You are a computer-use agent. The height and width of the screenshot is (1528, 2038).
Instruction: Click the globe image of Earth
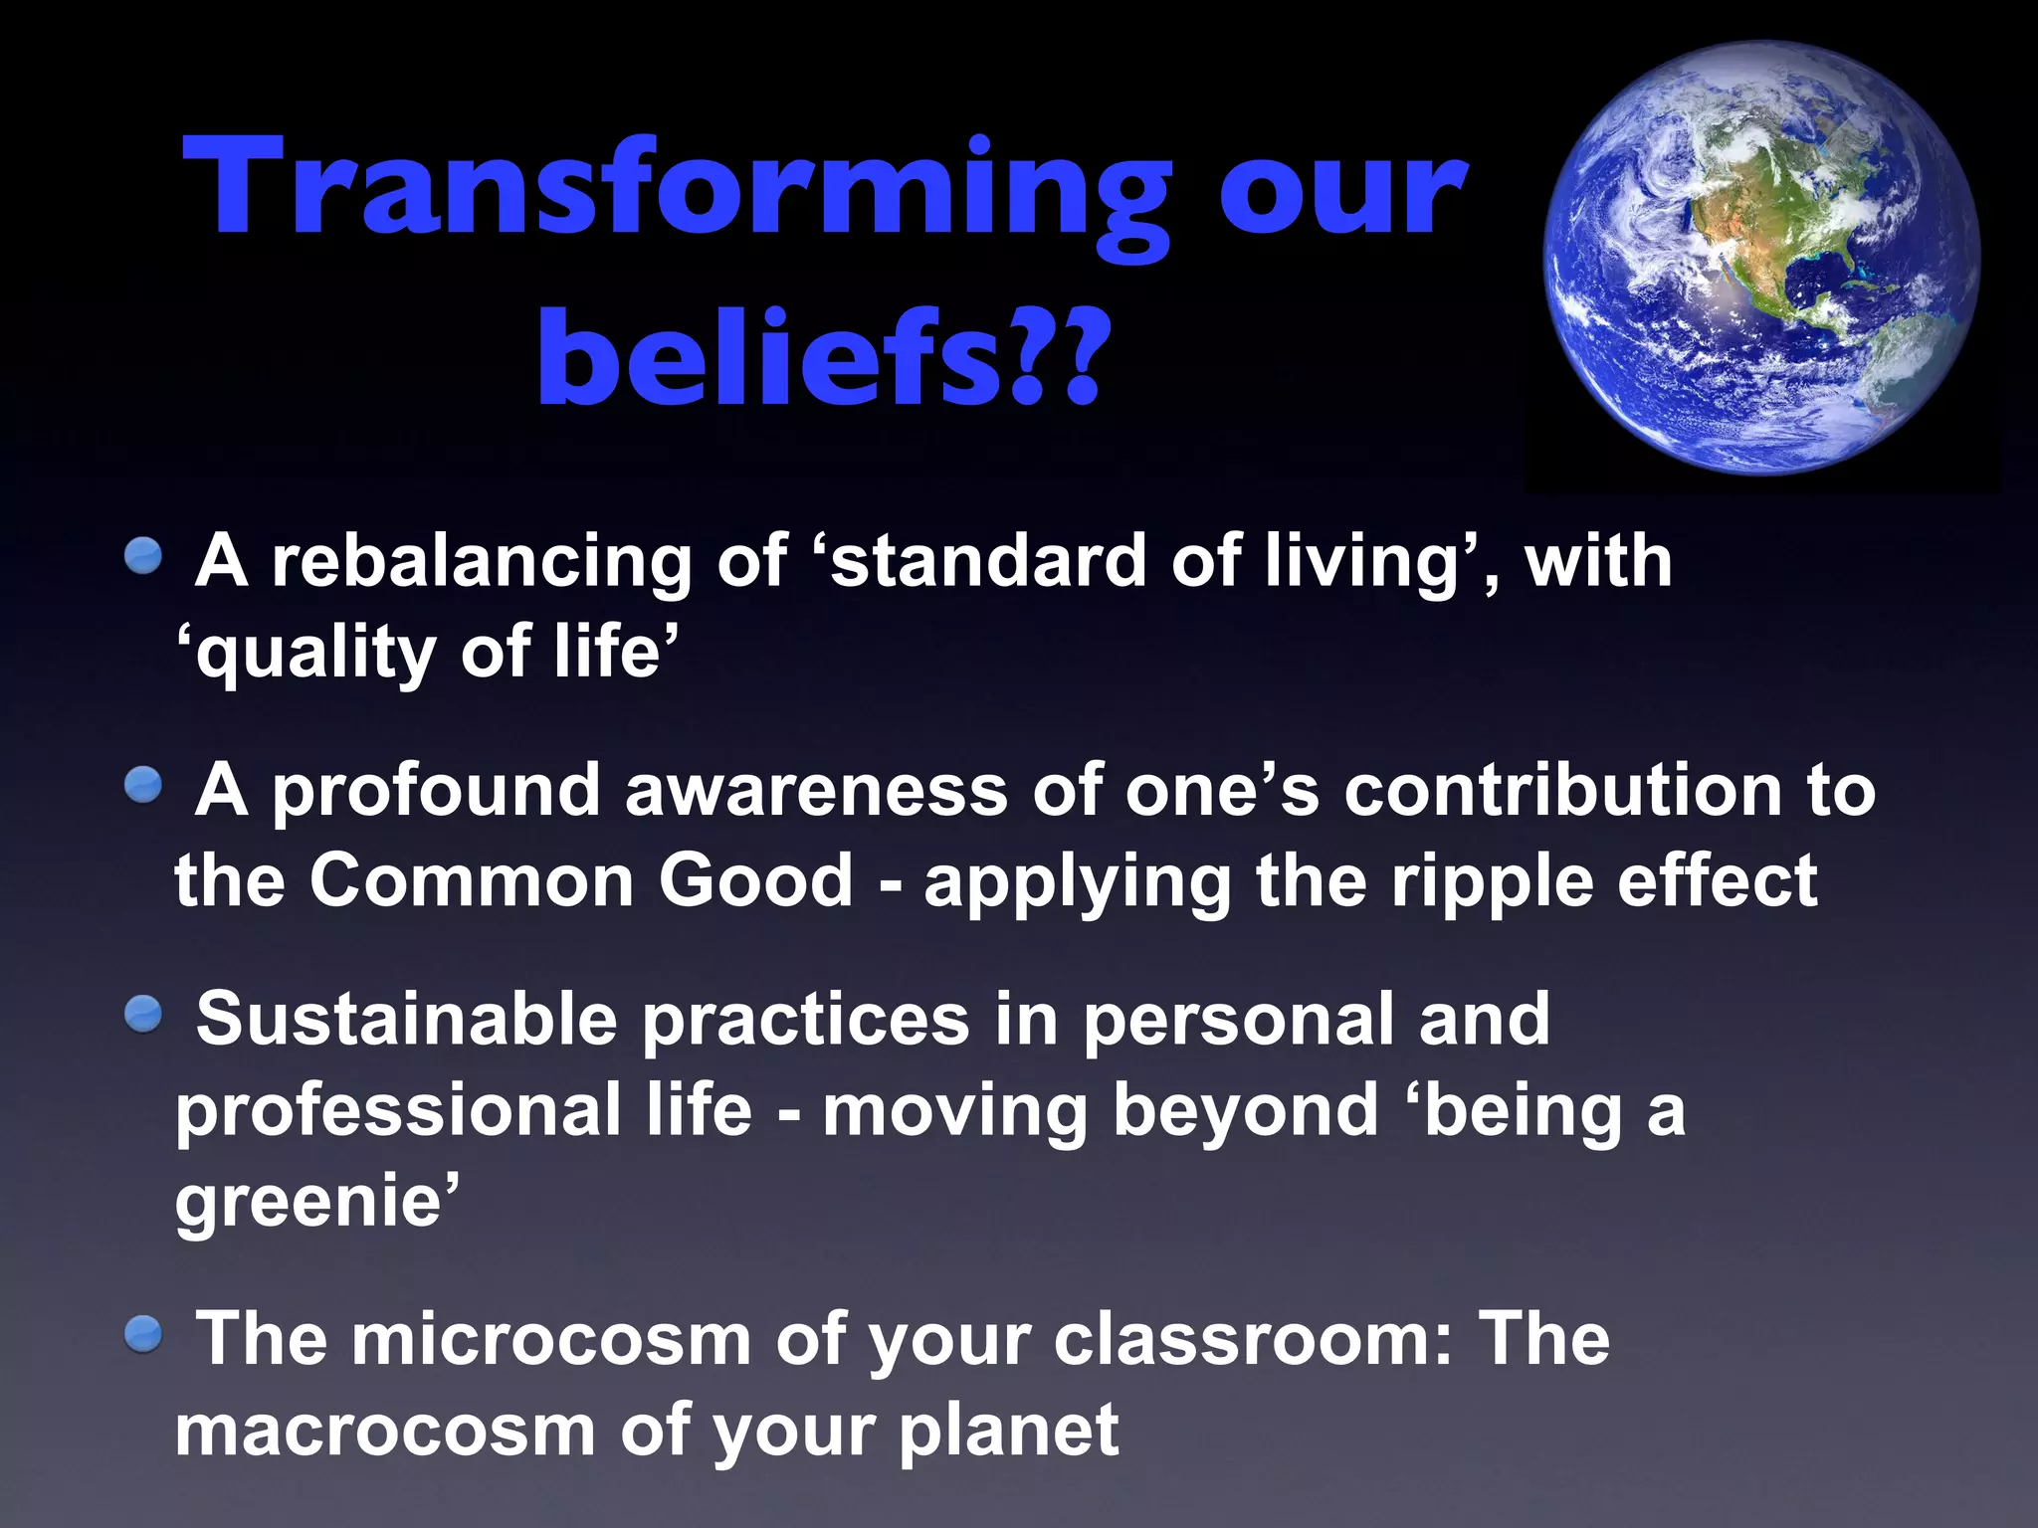pyautogui.click(x=1761, y=259)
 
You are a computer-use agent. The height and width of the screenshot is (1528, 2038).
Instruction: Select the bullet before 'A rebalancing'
pyautogui.click(x=143, y=555)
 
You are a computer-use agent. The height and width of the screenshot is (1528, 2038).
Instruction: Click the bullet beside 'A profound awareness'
pyautogui.click(x=143, y=785)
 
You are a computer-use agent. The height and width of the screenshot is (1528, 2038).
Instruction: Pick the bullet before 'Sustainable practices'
pyautogui.click(x=143, y=1014)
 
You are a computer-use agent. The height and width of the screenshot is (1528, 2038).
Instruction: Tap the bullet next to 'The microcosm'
pyautogui.click(x=143, y=1334)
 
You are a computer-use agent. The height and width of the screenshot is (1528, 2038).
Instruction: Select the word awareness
pyautogui.click(x=816, y=791)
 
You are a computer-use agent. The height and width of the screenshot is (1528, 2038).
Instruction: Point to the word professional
pyautogui.click(x=398, y=1112)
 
